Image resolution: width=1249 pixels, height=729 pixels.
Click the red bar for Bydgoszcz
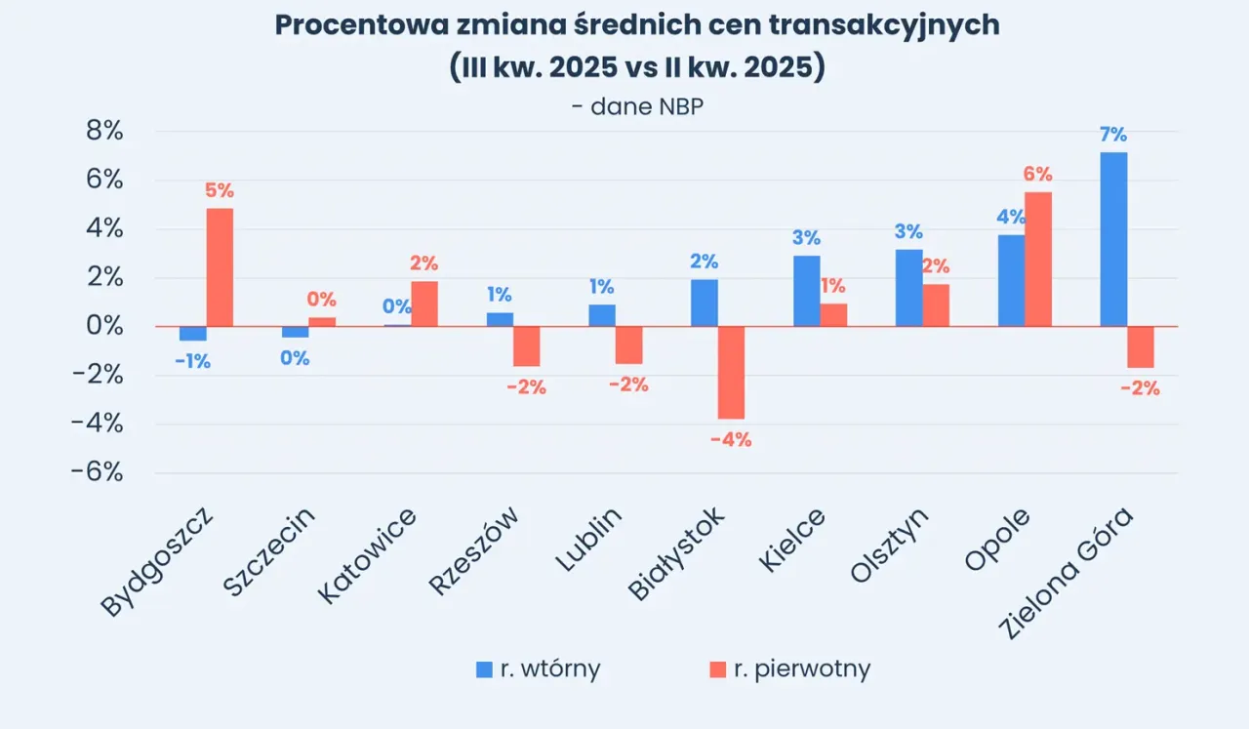220,267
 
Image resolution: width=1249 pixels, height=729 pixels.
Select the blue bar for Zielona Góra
1113,239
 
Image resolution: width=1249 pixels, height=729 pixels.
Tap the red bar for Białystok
731,372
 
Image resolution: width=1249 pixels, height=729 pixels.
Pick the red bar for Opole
1038,260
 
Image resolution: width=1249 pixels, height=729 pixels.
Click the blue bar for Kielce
806,291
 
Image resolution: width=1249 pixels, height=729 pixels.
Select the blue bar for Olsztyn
908,288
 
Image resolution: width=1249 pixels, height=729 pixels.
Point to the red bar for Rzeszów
527,346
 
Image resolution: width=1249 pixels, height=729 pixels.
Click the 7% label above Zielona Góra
1113,135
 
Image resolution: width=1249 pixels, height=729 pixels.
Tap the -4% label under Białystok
731,440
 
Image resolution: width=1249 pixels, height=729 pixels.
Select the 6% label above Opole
1038,175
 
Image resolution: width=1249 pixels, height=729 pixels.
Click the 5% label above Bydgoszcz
220,191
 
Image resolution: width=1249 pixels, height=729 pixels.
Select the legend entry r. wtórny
539,668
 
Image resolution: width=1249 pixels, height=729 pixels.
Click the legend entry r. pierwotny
789,668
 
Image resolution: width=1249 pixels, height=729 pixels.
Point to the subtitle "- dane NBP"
637,106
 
